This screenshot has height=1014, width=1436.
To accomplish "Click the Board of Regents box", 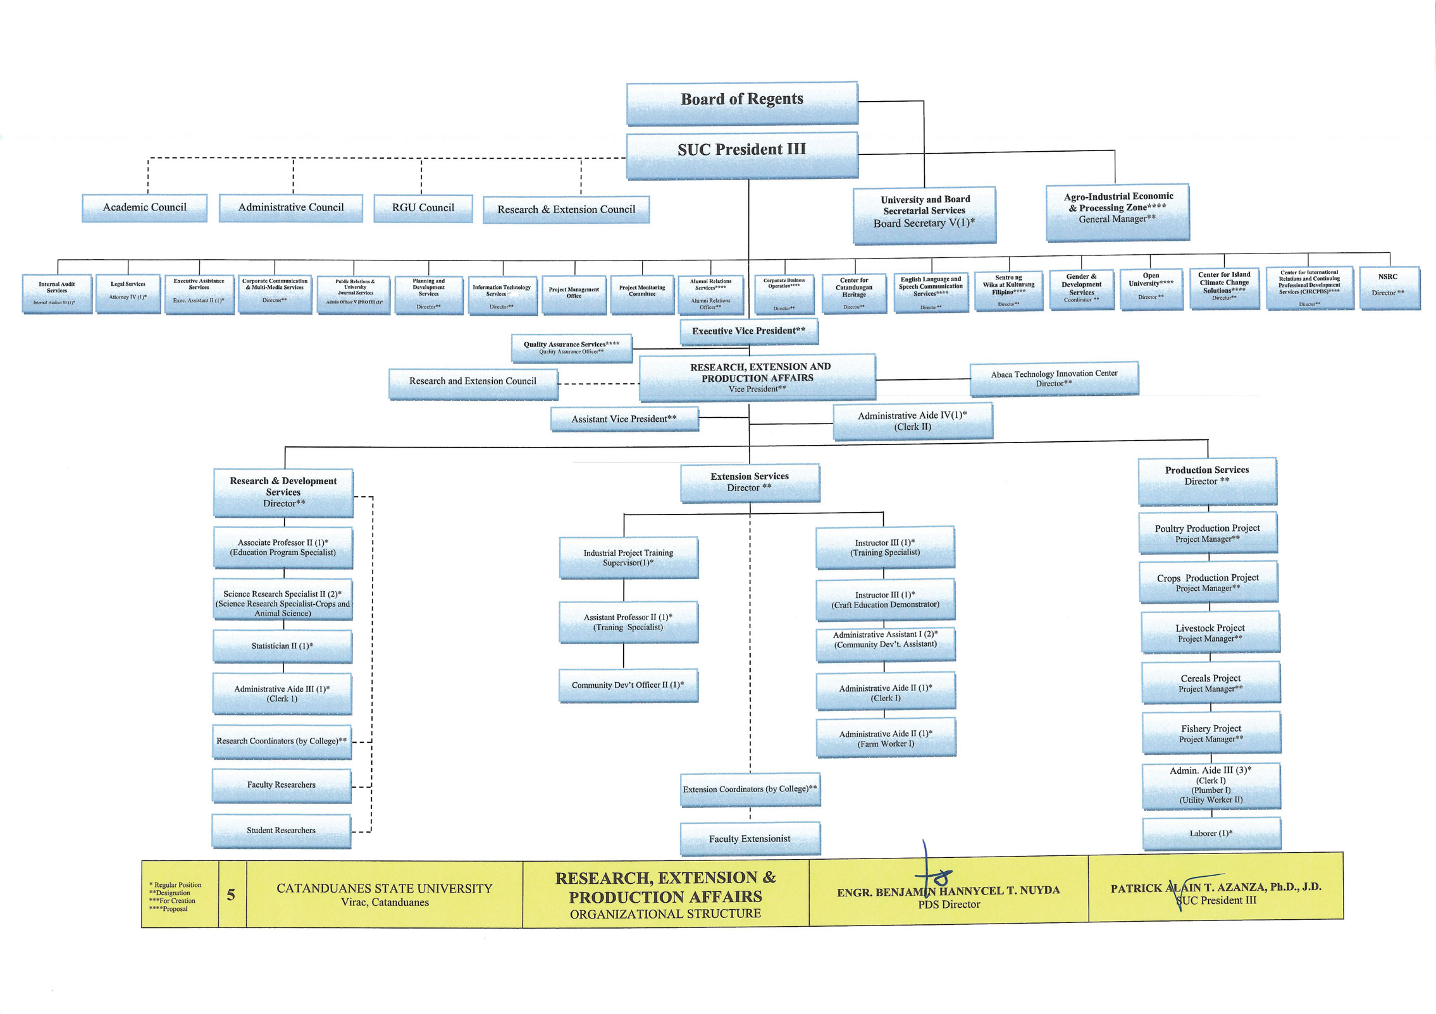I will coord(742,102).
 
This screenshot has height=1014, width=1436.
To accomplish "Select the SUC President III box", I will coord(742,154).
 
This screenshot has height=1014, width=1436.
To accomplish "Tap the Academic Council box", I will coord(144,208).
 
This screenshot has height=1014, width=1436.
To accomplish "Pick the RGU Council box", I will coord(423,209).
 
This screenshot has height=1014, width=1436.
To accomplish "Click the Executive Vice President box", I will coord(748,331).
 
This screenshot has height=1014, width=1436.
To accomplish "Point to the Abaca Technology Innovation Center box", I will coord(1054,378).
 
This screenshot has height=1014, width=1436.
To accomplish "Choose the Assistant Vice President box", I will coord(624,419).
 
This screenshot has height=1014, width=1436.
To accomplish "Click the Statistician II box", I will coord(282,646).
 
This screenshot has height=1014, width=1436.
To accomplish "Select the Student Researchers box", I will coord(281,831).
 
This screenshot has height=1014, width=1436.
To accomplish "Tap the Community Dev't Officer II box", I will coord(628,685).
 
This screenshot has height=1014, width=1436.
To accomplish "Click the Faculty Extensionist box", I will coord(750,839).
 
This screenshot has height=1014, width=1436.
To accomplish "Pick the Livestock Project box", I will coord(1210,632).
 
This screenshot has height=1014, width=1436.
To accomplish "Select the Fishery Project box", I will coord(1211,733).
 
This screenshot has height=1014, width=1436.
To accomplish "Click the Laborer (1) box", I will coord(1211,834).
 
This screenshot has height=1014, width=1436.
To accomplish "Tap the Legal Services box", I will coord(128,293).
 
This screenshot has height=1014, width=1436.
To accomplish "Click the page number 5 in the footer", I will coord(232,895).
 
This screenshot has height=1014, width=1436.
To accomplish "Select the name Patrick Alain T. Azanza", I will coord(1216,888).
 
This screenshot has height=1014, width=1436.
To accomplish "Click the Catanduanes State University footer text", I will coord(384,889).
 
